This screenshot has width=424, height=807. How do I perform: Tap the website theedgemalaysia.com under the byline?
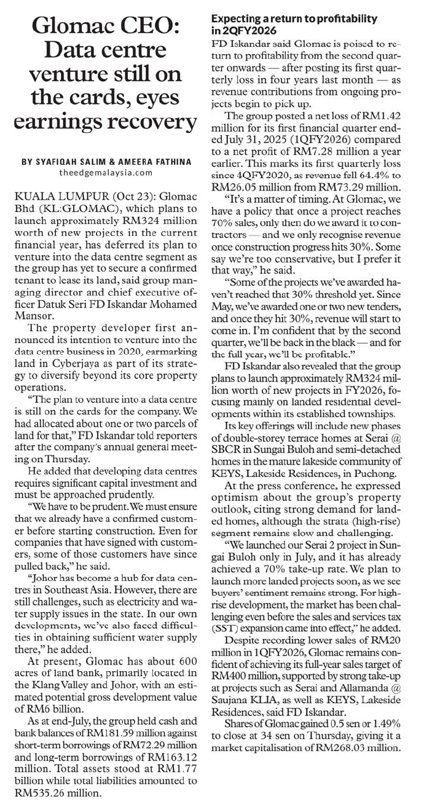106,173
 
